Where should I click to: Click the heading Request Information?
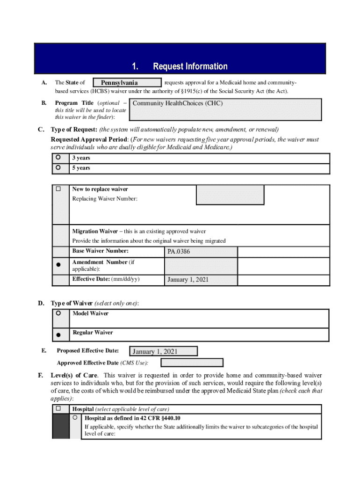click(190, 66)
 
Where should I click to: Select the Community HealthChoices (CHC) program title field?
click(227, 109)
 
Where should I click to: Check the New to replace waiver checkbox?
click(58, 189)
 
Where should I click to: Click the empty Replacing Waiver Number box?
click(230, 195)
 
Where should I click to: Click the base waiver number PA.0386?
click(201, 252)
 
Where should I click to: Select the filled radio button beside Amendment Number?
click(58, 265)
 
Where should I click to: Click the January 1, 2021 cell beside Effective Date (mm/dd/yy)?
click(201, 280)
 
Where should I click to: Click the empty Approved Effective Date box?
click(192, 363)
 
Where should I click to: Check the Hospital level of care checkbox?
click(58, 408)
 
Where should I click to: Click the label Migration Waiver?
click(92, 231)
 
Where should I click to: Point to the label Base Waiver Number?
click(100, 251)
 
